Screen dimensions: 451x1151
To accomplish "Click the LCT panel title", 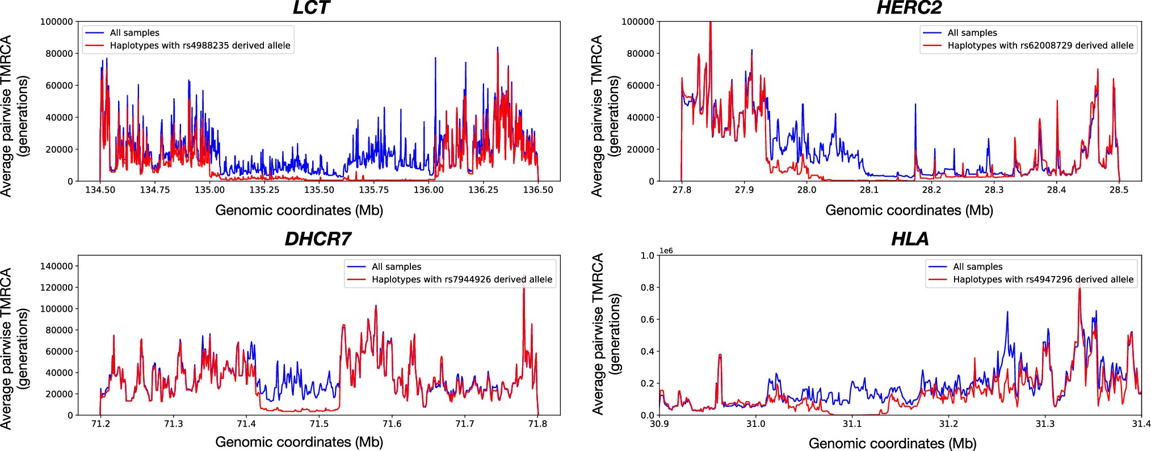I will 311,8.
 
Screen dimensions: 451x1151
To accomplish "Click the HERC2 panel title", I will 909,8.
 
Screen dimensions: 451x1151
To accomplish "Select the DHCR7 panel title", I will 318,239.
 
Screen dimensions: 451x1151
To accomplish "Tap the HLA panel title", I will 910,239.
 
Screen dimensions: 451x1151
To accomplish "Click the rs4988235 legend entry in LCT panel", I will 200,45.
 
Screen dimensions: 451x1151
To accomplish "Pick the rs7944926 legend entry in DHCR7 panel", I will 461,279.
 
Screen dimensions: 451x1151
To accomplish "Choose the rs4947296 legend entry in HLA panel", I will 1043,279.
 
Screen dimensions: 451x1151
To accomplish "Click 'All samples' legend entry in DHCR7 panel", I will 396,266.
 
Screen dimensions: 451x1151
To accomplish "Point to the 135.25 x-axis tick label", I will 264,190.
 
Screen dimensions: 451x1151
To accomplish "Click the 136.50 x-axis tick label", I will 537,190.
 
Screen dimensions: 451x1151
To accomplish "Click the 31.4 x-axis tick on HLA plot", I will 1141,424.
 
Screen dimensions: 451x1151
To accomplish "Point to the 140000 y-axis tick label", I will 57,266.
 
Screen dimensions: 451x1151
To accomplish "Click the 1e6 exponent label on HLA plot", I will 666,250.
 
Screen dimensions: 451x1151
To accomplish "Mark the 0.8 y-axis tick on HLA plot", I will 647,287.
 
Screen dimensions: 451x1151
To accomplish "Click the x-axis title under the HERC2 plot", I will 909,211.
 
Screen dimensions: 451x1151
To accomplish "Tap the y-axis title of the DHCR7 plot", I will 14,348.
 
